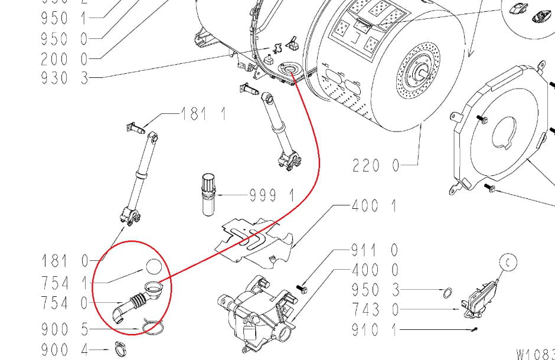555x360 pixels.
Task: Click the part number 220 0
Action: point(376,166)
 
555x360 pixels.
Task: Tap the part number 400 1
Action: point(374,207)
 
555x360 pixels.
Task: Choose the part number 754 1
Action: point(64,282)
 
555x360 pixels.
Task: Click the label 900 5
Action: point(64,328)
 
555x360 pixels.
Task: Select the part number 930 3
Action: point(64,78)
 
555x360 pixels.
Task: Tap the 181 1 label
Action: point(203,113)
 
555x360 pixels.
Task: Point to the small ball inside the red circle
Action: point(153,267)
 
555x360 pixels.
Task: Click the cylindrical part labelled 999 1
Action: point(208,195)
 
